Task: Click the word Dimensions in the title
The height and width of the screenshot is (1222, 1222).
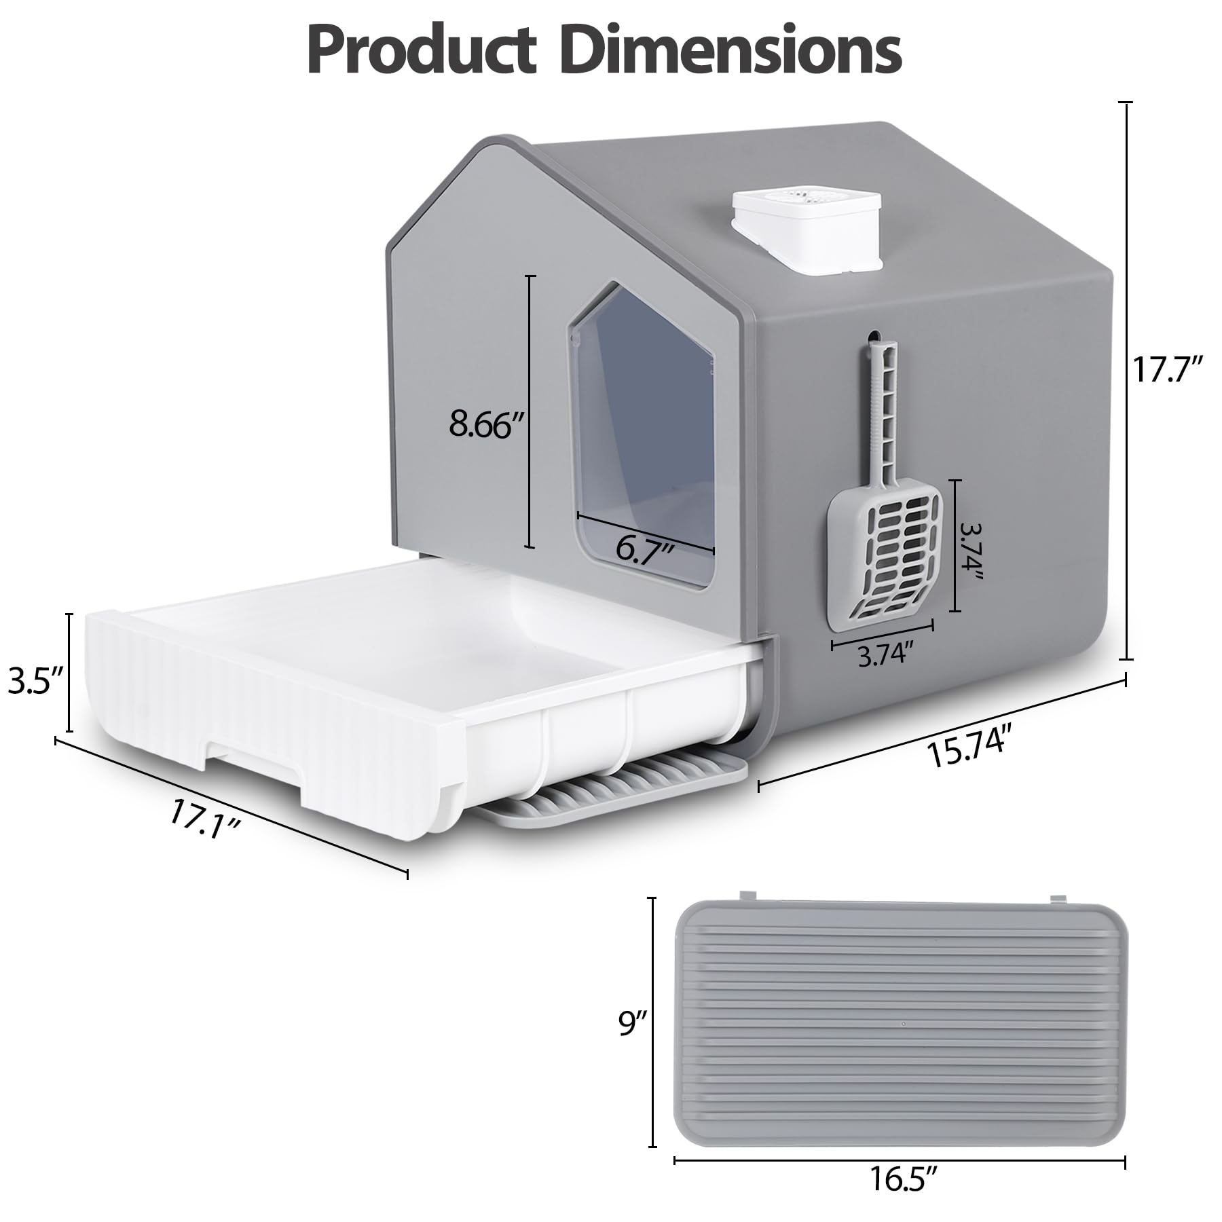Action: (x=733, y=51)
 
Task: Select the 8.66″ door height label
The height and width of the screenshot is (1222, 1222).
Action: (x=486, y=425)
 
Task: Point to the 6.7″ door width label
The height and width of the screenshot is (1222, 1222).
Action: (x=644, y=547)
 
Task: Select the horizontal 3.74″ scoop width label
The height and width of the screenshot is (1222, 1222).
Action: (x=883, y=654)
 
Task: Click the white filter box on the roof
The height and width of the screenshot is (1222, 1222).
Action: (x=807, y=231)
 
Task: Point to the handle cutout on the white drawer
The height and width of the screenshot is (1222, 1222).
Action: (x=251, y=764)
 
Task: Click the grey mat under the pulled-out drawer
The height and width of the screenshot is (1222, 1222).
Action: (x=611, y=791)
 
